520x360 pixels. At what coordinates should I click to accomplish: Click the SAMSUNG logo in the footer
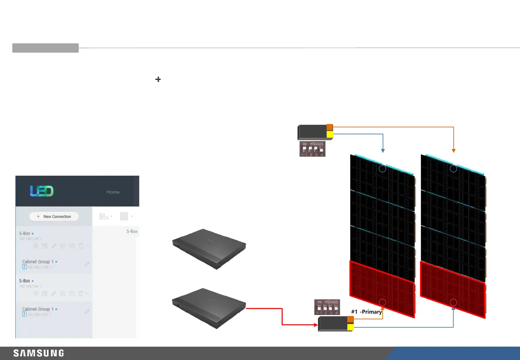39,353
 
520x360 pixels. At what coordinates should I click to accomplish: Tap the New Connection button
54,216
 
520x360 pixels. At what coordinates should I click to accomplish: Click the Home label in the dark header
113,192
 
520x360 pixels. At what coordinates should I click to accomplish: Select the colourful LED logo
42,191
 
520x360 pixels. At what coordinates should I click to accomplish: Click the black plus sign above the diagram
158,79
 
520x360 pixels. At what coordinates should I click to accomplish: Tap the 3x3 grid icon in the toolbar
124,216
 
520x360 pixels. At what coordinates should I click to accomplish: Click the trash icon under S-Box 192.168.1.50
81,246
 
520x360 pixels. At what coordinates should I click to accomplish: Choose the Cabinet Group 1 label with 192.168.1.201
38,309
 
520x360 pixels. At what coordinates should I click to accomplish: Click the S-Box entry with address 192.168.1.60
25,281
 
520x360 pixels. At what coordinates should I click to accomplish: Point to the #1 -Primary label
366,312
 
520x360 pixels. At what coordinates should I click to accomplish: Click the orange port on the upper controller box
330,127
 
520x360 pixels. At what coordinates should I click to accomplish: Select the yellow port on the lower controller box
350,327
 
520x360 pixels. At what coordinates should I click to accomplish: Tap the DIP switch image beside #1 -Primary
327,307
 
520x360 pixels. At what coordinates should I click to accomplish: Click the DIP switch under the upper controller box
312,149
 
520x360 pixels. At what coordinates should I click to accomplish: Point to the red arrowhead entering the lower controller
316,325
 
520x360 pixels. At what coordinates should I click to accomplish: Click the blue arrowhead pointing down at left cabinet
383,151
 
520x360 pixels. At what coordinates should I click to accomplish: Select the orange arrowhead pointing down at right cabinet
453,151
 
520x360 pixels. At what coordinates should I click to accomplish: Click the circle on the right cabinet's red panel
453,302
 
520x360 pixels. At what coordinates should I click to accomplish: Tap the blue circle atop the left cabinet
383,169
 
